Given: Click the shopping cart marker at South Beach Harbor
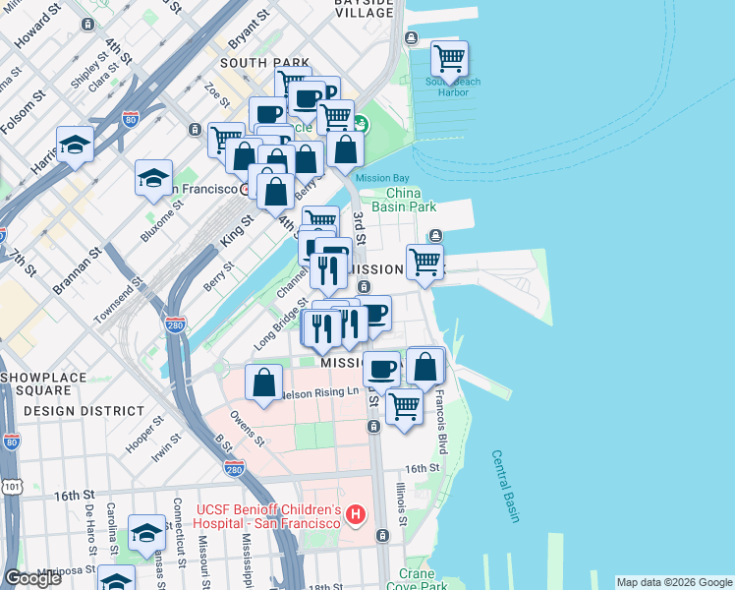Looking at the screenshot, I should point(449,59).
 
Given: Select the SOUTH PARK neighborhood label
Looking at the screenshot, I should point(257,62).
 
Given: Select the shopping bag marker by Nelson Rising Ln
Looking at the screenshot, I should point(264,383).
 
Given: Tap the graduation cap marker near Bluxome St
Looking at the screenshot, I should point(153,178).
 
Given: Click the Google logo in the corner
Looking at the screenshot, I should point(32,578).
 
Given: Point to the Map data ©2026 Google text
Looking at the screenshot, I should point(674,582).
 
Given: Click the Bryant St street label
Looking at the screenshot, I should point(249,29).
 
